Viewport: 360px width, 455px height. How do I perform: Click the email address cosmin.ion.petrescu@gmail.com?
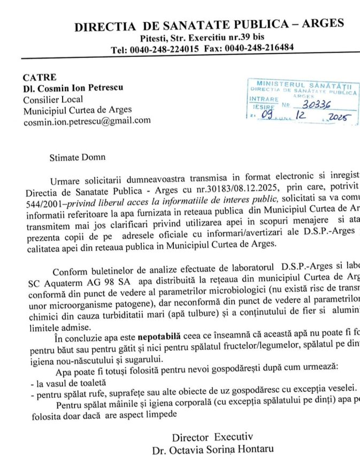[x=87, y=121]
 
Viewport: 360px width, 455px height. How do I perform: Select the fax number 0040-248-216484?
[x=259, y=48]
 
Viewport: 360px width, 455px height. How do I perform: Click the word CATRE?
[x=40, y=78]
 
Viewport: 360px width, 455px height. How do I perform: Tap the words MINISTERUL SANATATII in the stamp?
[x=303, y=85]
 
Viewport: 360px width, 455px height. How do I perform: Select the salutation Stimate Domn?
[x=78, y=157]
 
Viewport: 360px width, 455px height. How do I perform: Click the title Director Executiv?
[x=212, y=436]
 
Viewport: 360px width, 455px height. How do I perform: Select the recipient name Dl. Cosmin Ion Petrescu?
[x=72, y=88]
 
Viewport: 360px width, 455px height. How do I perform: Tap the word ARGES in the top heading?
[x=319, y=24]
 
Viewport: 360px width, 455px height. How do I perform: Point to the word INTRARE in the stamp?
[x=264, y=100]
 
